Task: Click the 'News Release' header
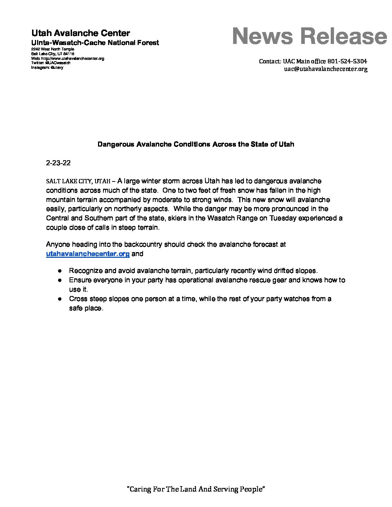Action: (x=309, y=36)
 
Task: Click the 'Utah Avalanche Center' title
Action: (x=81, y=33)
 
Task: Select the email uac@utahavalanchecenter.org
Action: (x=326, y=69)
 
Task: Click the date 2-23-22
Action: (x=58, y=163)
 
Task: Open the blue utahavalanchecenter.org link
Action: (x=88, y=254)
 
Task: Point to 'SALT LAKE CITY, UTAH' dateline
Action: (x=78, y=181)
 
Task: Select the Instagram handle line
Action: (x=47, y=67)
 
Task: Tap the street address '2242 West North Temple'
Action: (x=53, y=49)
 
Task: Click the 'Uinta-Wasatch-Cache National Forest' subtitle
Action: (x=95, y=43)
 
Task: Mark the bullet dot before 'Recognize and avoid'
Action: (x=61, y=271)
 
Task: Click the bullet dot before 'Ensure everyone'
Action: (x=61, y=280)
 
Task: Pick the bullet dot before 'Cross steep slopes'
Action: (x=61, y=299)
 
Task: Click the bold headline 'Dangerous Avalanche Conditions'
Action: (x=196, y=144)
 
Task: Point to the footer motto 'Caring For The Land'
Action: (x=196, y=489)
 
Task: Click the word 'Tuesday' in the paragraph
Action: (x=282, y=218)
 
